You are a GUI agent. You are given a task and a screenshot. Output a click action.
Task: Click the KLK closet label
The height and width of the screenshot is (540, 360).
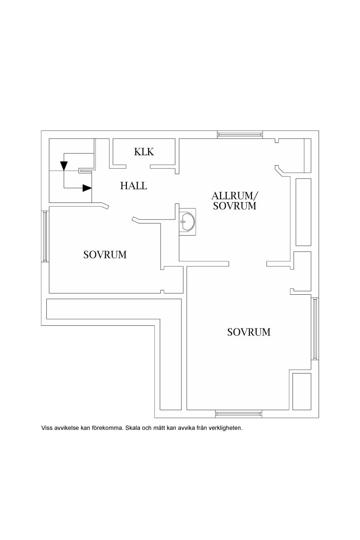tap(144, 152)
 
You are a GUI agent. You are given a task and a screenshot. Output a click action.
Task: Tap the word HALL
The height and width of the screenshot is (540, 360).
tap(134, 185)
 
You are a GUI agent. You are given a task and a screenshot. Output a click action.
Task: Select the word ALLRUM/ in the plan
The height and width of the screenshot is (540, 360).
tap(235, 196)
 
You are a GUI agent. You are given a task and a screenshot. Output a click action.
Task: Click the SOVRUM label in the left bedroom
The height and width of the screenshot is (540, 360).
tap(105, 255)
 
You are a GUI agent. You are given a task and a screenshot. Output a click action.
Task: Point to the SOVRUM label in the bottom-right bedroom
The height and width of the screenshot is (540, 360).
tap(249, 332)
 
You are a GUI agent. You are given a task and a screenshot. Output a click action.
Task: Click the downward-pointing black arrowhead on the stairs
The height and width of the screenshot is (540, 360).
tap(64, 166)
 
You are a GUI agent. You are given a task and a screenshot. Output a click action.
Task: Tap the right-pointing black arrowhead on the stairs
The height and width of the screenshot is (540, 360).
tap(87, 188)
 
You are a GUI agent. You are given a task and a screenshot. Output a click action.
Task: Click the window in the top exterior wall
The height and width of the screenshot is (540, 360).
tap(239, 134)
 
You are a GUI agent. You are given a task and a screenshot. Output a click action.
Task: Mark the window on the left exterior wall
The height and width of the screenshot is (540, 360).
tap(45, 236)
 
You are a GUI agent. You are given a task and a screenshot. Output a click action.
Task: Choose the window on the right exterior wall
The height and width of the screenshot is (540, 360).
tap(315, 328)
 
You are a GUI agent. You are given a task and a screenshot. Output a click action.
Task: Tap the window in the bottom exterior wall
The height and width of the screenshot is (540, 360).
tap(238, 414)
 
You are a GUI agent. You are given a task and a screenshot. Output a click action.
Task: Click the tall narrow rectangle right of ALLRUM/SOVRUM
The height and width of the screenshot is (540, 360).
tap(303, 212)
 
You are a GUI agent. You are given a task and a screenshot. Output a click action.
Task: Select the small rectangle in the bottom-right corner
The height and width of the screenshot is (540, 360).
tap(301, 391)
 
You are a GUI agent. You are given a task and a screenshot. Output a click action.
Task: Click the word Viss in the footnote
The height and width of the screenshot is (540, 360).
tap(47, 428)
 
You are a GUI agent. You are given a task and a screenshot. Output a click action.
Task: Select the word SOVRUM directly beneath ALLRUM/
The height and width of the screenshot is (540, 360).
tap(235, 206)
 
